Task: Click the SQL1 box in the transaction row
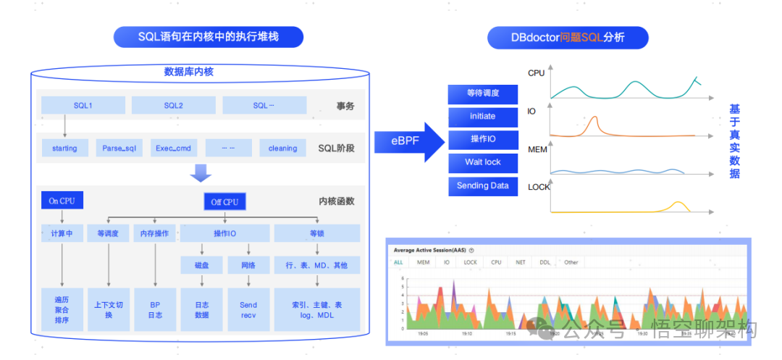click(x=83, y=105)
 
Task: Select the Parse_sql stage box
click(x=119, y=148)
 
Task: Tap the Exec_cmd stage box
click(x=173, y=148)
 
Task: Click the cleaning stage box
click(x=282, y=148)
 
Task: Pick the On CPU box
click(x=62, y=201)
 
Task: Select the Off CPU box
click(x=224, y=202)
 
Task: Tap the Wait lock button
click(x=482, y=162)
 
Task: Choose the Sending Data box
click(x=482, y=185)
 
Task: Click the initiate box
click(x=482, y=116)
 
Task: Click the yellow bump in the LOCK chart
click(x=678, y=204)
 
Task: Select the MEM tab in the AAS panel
click(x=423, y=262)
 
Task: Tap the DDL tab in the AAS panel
click(x=545, y=262)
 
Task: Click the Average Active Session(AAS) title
click(x=430, y=249)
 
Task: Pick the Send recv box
click(x=248, y=310)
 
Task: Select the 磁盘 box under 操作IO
click(x=202, y=265)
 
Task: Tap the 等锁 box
click(x=316, y=233)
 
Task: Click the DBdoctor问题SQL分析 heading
click(x=568, y=37)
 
